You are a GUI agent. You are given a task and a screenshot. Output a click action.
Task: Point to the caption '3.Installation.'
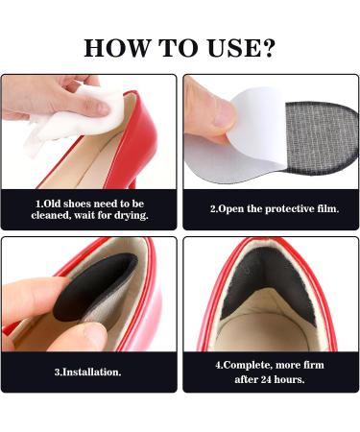click(x=87, y=372)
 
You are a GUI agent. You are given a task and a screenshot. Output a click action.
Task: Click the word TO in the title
click(x=177, y=47)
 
